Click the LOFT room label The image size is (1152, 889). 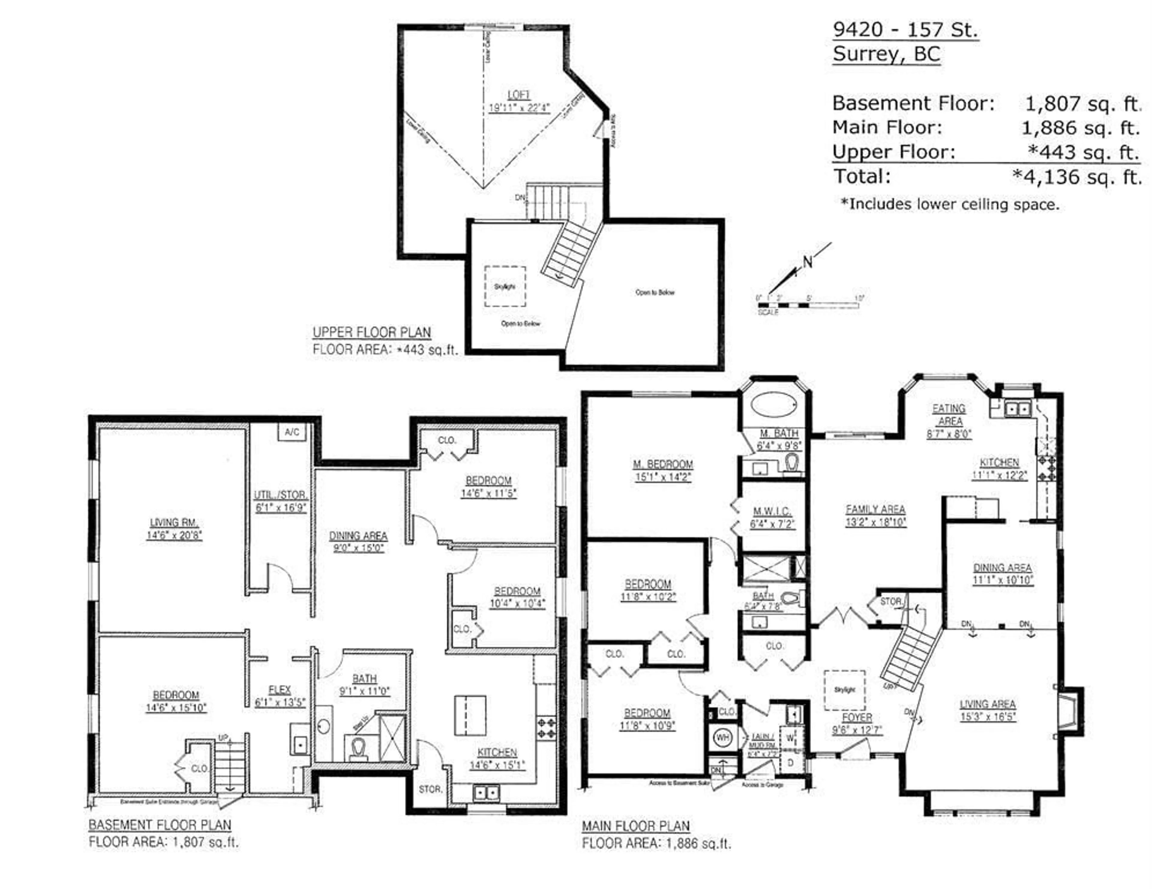[x=518, y=95]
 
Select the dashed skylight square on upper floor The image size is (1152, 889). [x=505, y=286]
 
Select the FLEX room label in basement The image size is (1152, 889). [x=280, y=690]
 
